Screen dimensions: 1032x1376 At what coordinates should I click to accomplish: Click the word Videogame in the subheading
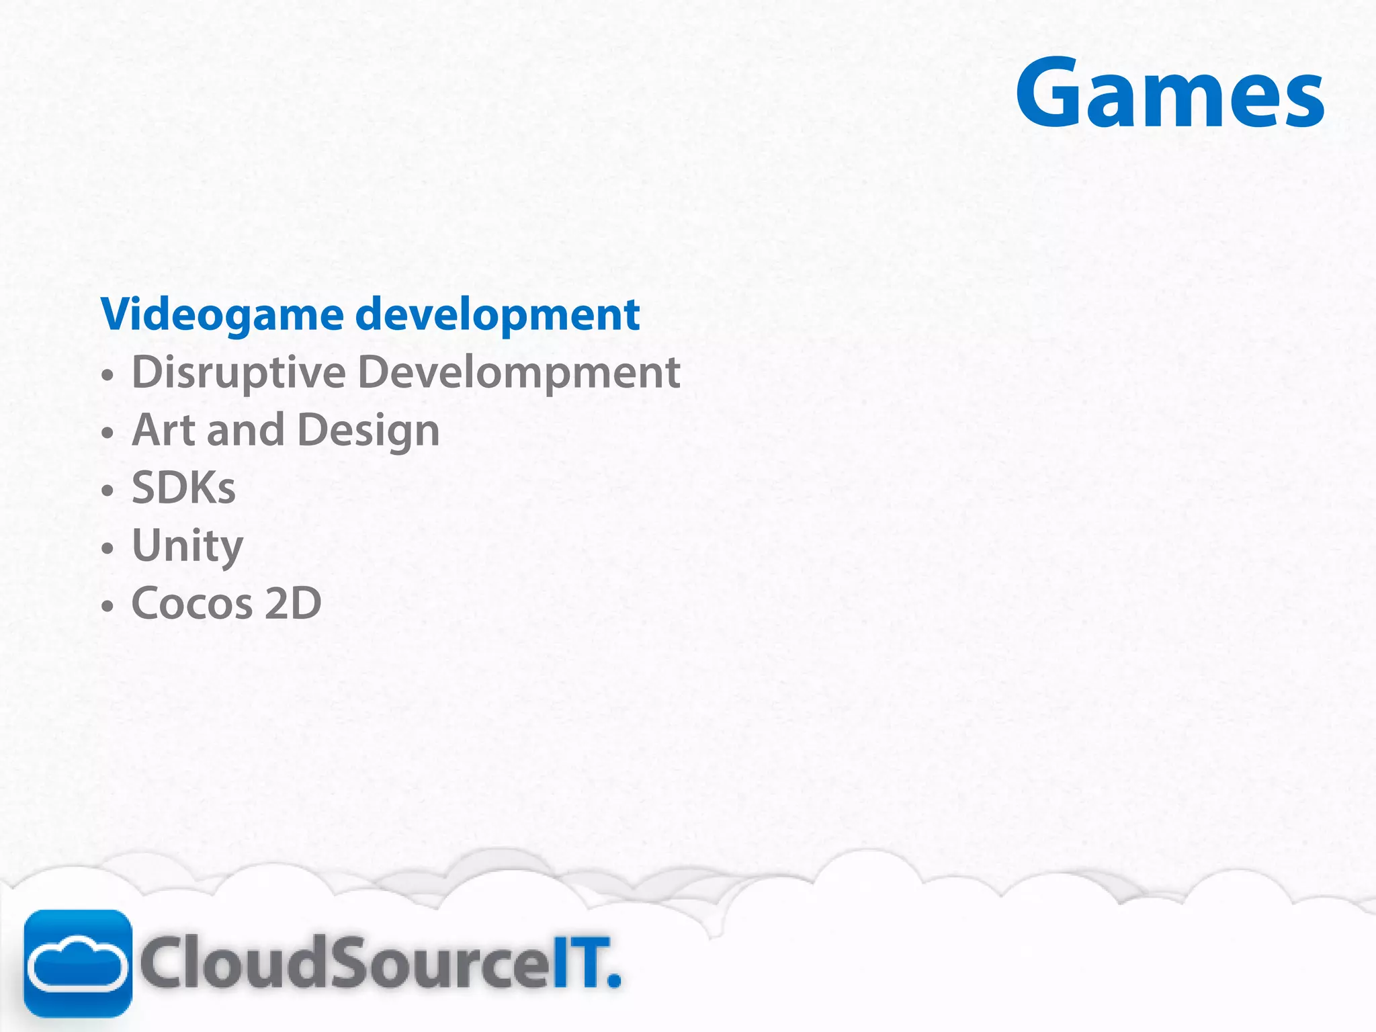(222, 315)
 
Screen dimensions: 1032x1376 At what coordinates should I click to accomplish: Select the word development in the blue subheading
(497, 315)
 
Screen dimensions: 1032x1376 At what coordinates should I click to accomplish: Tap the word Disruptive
(239, 372)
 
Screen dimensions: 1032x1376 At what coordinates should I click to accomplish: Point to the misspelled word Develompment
(519, 372)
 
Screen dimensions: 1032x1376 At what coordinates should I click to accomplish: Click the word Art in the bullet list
(163, 430)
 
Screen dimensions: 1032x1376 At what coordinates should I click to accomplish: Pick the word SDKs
(183, 488)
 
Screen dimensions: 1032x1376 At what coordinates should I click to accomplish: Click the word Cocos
(191, 603)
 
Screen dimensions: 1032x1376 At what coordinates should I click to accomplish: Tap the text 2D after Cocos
(293, 603)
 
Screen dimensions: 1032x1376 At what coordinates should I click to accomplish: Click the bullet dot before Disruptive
(107, 376)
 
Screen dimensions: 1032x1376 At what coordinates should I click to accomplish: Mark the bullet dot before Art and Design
(107, 434)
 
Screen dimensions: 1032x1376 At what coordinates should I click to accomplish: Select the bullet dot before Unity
(107, 549)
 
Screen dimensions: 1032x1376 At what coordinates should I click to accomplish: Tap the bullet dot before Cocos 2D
(107, 607)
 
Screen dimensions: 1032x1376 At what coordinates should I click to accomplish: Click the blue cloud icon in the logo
(78, 963)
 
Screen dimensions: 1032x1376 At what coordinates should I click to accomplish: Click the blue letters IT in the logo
(574, 963)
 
